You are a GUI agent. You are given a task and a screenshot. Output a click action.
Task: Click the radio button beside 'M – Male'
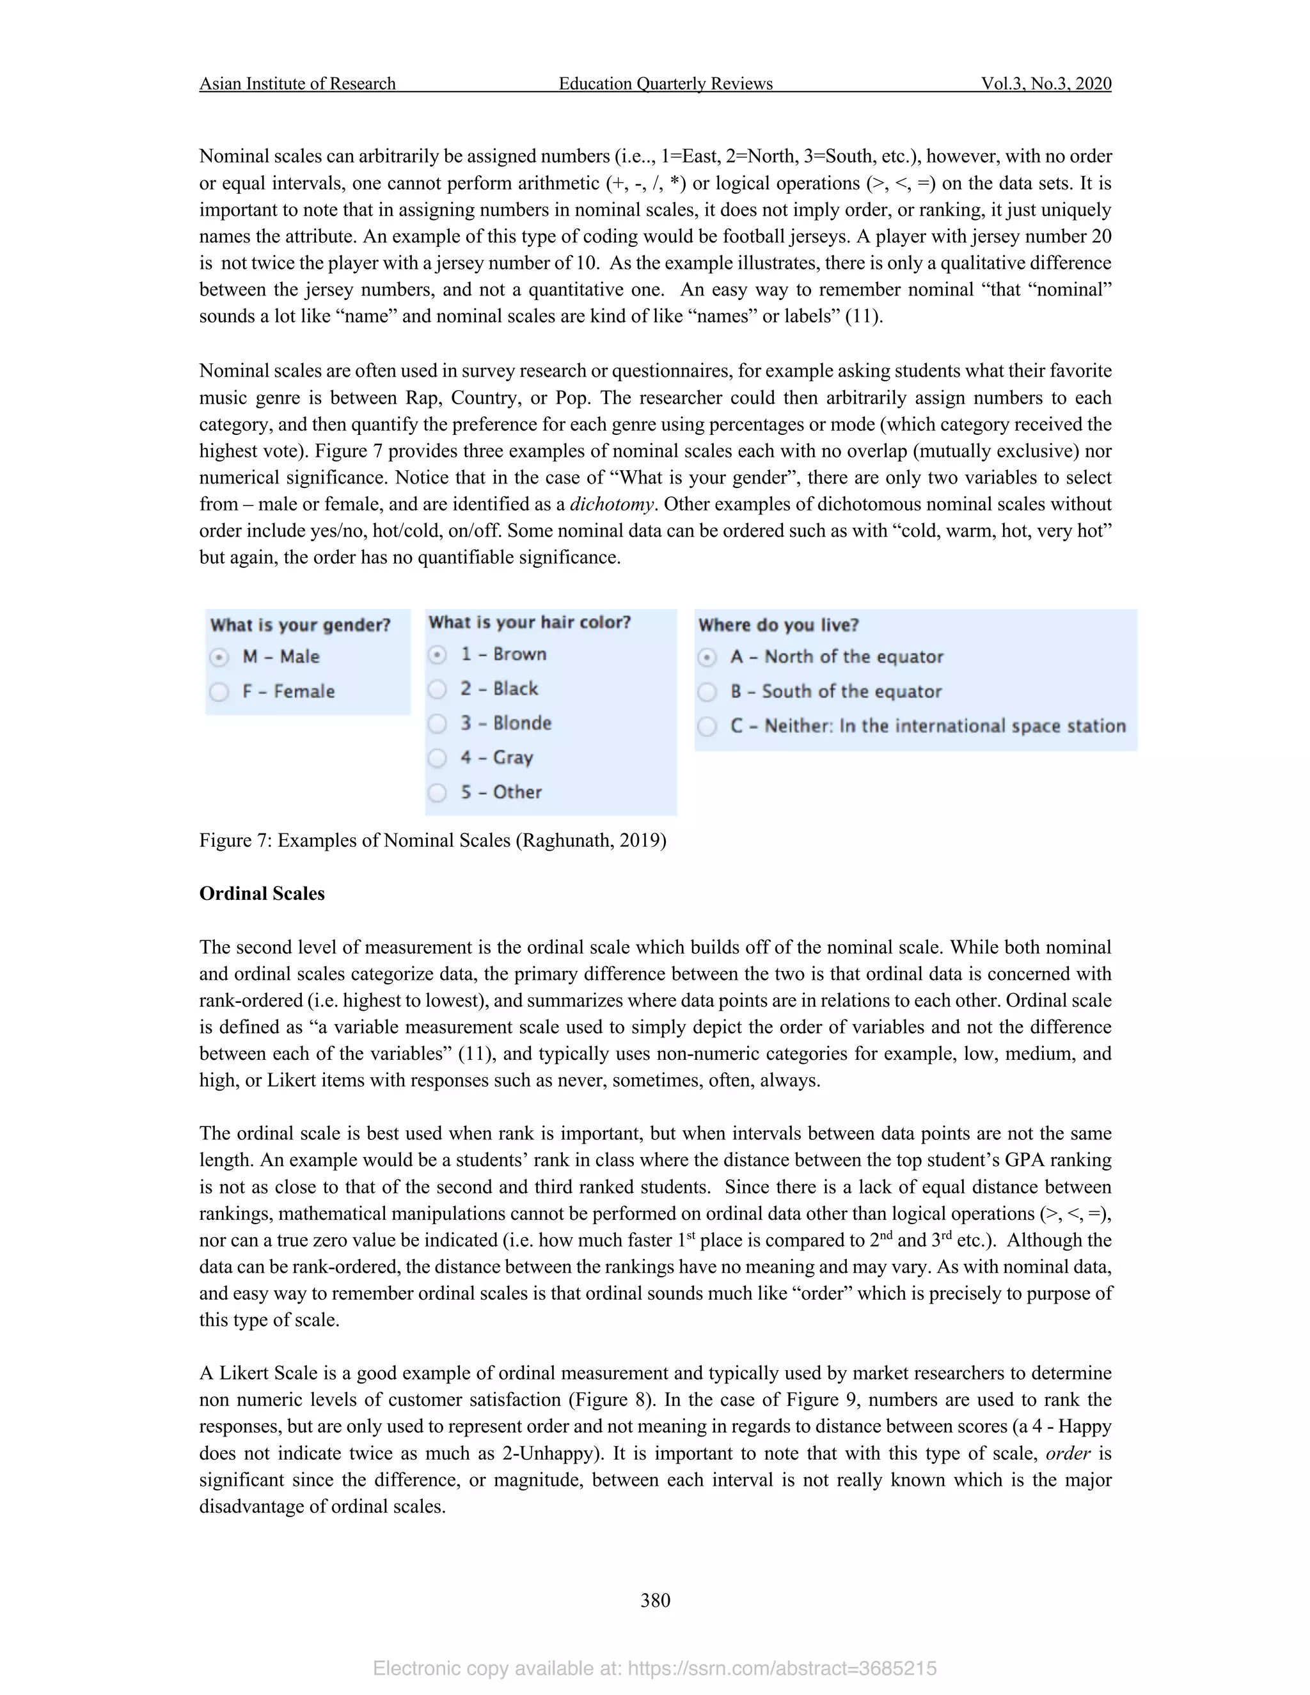219,658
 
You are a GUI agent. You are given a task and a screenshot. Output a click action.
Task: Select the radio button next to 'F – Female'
219,691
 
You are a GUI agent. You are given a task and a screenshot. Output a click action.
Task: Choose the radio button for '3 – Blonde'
438,723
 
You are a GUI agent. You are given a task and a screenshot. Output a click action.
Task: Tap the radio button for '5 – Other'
438,792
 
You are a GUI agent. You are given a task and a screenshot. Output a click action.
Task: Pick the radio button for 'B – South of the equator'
707,691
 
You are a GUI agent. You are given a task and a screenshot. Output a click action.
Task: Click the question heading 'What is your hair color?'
529,622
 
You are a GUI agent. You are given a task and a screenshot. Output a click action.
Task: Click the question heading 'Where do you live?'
778,626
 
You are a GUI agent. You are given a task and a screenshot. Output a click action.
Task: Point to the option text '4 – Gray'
496,757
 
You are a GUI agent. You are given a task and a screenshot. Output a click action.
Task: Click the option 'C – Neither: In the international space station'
927,727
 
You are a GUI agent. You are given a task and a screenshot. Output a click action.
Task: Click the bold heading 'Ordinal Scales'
262,894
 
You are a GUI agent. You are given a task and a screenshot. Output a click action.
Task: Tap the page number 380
655,1600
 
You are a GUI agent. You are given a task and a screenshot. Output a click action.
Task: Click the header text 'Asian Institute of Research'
297,84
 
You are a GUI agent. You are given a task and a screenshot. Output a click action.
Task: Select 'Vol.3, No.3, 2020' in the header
1045,84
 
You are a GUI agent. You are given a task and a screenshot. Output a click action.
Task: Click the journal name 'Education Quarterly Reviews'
665,84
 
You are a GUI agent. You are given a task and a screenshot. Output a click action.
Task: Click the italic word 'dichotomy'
612,505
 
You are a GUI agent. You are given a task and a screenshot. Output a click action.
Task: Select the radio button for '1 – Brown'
438,655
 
